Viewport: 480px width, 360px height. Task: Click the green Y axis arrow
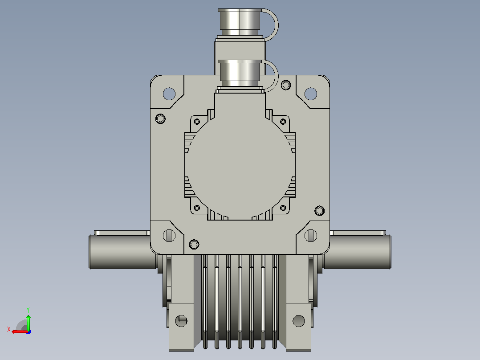[x=28, y=322]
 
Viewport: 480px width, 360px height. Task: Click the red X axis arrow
[x=20, y=331]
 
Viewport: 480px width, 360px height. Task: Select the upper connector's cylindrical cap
[x=240, y=22]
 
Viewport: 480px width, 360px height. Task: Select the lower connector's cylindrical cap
[x=240, y=73]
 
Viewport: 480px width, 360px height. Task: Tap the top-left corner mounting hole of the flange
[x=169, y=94]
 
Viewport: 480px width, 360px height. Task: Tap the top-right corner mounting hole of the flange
[x=311, y=94]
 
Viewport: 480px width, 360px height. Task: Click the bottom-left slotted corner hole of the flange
[x=169, y=236]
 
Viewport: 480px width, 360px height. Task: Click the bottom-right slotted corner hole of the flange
[x=311, y=236]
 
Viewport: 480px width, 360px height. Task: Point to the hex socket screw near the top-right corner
[x=286, y=85]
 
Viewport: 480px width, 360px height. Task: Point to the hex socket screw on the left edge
[x=160, y=119]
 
